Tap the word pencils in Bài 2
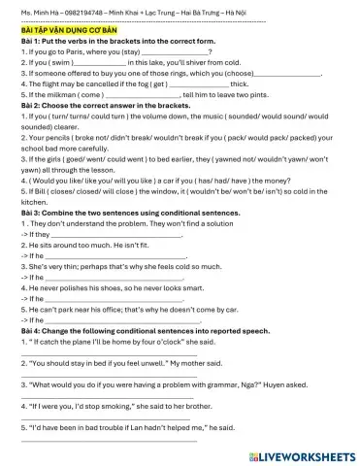(57, 138)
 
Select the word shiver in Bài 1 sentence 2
(192, 62)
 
